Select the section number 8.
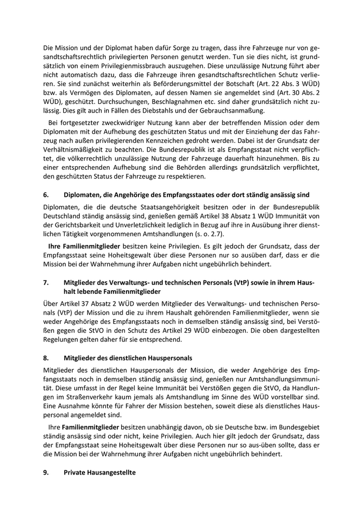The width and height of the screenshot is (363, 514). tap(46, 358)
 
